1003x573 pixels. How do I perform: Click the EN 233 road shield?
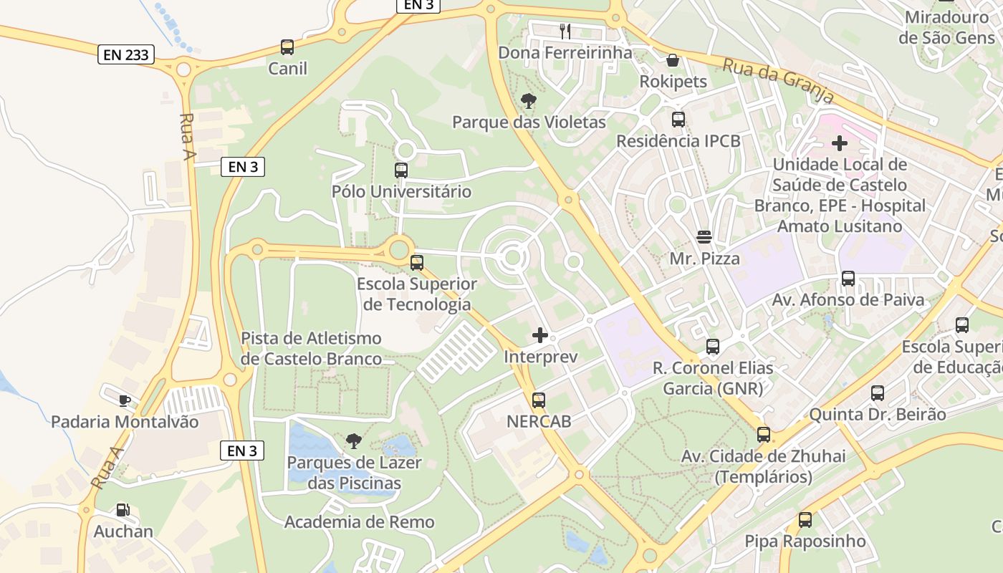tap(126, 54)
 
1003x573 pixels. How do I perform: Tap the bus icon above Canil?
tap(287, 47)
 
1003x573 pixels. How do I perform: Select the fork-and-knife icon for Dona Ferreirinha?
tap(565, 31)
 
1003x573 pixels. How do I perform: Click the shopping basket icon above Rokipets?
tap(673, 60)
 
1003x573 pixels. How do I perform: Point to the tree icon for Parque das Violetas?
tap(529, 101)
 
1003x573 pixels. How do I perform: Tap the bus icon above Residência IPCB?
tap(678, 120)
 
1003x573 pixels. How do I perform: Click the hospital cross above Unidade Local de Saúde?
tap(839, 143)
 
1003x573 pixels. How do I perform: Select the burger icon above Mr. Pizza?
tap(704, 237)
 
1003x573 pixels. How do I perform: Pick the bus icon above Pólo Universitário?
tap(401, 170)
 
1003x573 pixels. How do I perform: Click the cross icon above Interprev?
tap(540, 335)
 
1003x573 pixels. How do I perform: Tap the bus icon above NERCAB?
tap(539, 400)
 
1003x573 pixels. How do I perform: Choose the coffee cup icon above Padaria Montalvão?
tap(125, 400)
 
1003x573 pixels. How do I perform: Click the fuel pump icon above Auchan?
tap(123, 510)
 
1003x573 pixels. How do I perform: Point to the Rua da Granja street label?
tap(778, 80)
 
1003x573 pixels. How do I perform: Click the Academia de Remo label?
tap(360, 522)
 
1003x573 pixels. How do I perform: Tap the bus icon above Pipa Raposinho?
tap(805, 520)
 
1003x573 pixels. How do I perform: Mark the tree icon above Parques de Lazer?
tap(353, 441)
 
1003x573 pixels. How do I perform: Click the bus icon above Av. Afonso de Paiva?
tap(848, 279)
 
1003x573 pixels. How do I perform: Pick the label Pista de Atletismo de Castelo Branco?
tap(312, 348)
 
